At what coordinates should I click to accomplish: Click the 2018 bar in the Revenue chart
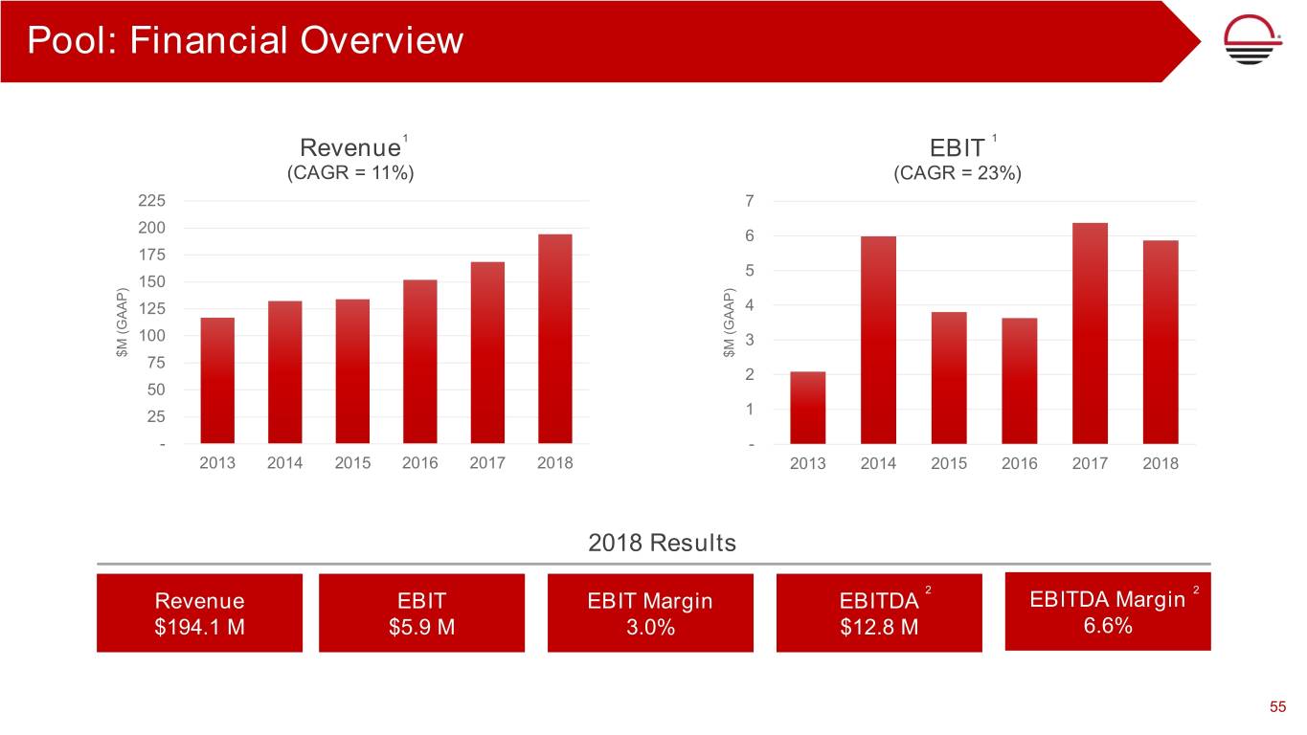(x=555, y=339)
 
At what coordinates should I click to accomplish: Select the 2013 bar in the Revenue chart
(x=217, y=380)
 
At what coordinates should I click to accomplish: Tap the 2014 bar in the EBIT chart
(x=878, y=340)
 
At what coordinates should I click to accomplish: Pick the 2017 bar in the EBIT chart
(x=1090, y=333)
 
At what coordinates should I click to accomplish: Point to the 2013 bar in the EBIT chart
(x=807, y=408)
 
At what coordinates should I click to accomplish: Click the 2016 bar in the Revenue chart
(x=420, y=361)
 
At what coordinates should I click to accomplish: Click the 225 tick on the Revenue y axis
(x=151, y=201)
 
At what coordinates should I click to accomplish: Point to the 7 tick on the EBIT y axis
(x=750, y=201)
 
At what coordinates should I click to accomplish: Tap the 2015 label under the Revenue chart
(x=352, y=463)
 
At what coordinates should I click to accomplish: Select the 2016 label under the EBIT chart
(x=1020, y=464)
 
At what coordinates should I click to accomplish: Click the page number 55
(x=1277, y=707)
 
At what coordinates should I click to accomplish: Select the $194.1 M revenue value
(x=199, y=627)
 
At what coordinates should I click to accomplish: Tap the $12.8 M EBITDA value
(x=878, y=627)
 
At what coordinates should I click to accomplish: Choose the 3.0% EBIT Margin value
(x=649, y=627)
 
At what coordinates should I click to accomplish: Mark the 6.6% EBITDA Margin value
(x=1107, y=626)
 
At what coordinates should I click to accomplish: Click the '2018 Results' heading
(x=662, y=543)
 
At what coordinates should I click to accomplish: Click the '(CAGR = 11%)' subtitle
(x=350, y=174)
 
